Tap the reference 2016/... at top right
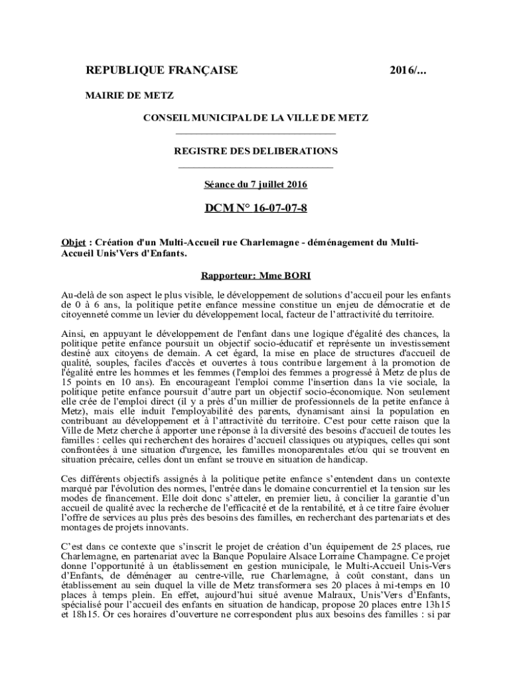(x=409, y=71)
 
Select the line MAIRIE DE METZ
(x=130, y=95)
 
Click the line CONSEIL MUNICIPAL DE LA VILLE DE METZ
(x=256, y=117)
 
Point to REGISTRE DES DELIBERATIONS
(x=256, y=151)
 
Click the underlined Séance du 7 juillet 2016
(x=256, y=184)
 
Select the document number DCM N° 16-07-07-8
(x=256, y=209)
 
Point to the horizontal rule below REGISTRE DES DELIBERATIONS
(x=256, y=167)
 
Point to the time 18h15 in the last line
(x=84, y=615)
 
